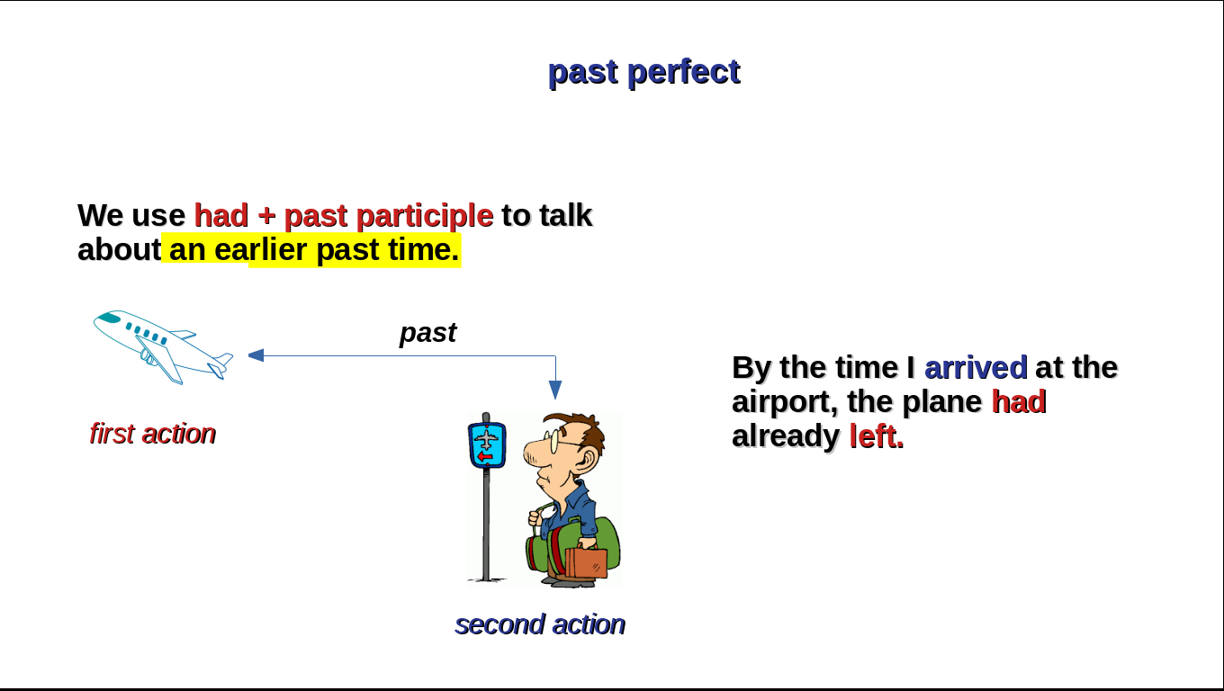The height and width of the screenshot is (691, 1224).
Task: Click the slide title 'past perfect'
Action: coord(644,72)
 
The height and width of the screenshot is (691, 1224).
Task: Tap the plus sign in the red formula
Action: coord(266,215)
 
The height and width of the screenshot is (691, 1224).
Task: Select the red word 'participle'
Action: coord(425,216)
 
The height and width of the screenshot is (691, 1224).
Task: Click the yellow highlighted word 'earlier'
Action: coord(261,250)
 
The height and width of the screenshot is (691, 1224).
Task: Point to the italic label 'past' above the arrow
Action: coord(427,333)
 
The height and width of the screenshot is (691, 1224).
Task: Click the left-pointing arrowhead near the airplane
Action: coord(256,355)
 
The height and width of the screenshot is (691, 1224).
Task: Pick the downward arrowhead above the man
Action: coord(555,390)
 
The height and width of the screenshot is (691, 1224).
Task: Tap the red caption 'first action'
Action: coord(153,434)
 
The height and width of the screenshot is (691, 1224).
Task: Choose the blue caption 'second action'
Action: coord(540,624)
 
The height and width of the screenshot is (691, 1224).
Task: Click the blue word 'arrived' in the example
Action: coord(976,368)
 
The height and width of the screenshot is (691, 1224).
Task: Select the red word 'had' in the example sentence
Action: coord(1019,402)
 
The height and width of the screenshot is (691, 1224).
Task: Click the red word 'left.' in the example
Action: coord(877,436)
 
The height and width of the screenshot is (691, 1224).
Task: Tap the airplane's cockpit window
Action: coord(109,318)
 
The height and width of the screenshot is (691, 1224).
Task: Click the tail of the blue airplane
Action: coord(220,366)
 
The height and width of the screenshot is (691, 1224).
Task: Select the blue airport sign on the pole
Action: coord(487,445)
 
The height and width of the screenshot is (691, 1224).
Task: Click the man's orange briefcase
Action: coord(586,562)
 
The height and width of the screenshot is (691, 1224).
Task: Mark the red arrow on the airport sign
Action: coord(485,457)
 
